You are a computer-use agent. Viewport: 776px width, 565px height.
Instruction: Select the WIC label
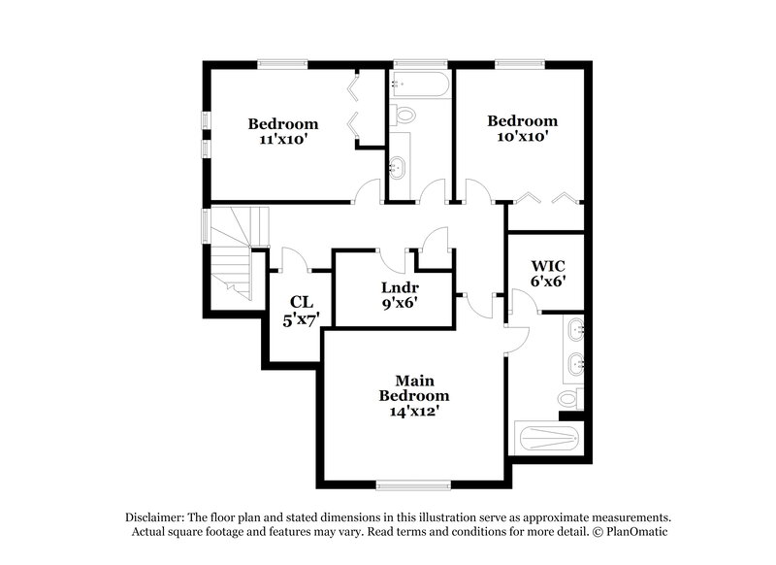tap(548, 265)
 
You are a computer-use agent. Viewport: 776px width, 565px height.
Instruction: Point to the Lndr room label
tap(399, 287)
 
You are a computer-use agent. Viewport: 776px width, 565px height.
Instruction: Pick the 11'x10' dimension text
tap(283, 139)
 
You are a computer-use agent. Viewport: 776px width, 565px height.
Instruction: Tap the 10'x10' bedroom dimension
tap(522, 137)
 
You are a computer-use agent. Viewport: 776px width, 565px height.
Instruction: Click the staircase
tap(231, 254)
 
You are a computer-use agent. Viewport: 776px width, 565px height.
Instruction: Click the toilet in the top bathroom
tap(405, 116)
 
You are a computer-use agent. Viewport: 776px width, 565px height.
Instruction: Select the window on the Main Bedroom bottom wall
tap(411, 482)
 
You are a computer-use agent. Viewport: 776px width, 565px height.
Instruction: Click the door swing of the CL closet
tap(292, 259)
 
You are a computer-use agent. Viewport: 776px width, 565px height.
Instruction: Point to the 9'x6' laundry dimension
tap(399, 303)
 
